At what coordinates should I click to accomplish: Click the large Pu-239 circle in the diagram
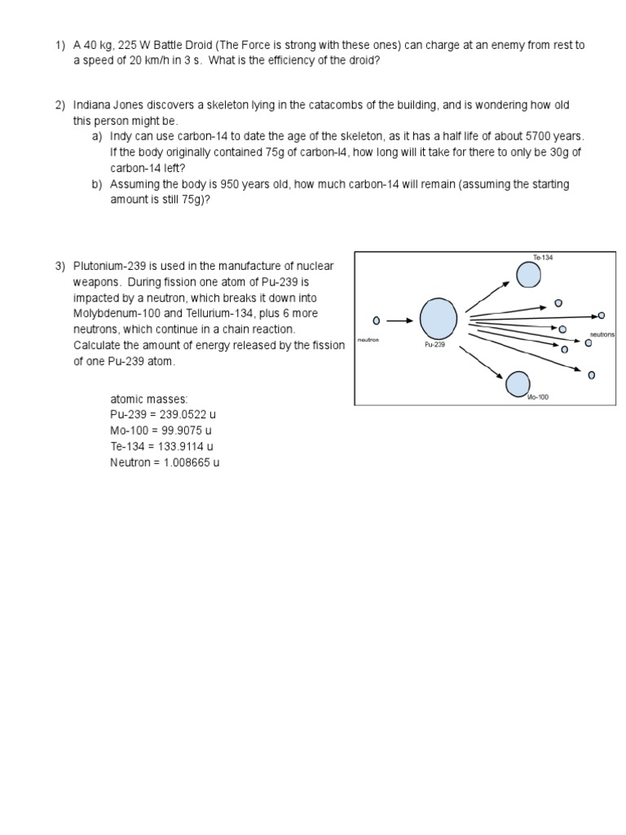pos(439,318)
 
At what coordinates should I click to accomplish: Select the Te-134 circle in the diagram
pos(528,275)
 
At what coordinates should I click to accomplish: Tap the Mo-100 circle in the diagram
pos(518,383)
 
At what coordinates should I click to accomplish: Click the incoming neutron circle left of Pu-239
pos(376,320)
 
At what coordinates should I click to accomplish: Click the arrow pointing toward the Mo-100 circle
pos(481,361)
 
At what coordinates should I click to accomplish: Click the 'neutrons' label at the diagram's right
pos(602,334)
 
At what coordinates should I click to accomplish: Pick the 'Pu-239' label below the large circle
pos(434,345)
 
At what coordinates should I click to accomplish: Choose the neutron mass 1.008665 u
pos(189,462)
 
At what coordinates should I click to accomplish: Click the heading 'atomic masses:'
pos(149,399)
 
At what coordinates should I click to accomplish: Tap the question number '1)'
pos(60,45)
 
